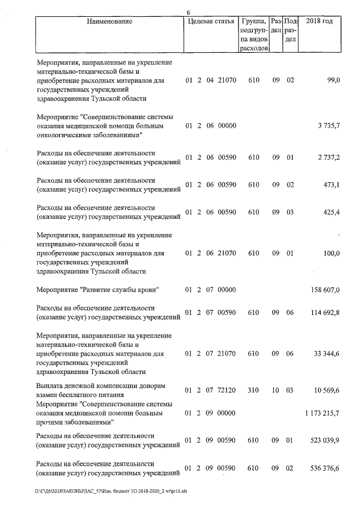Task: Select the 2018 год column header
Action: (319, 22)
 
